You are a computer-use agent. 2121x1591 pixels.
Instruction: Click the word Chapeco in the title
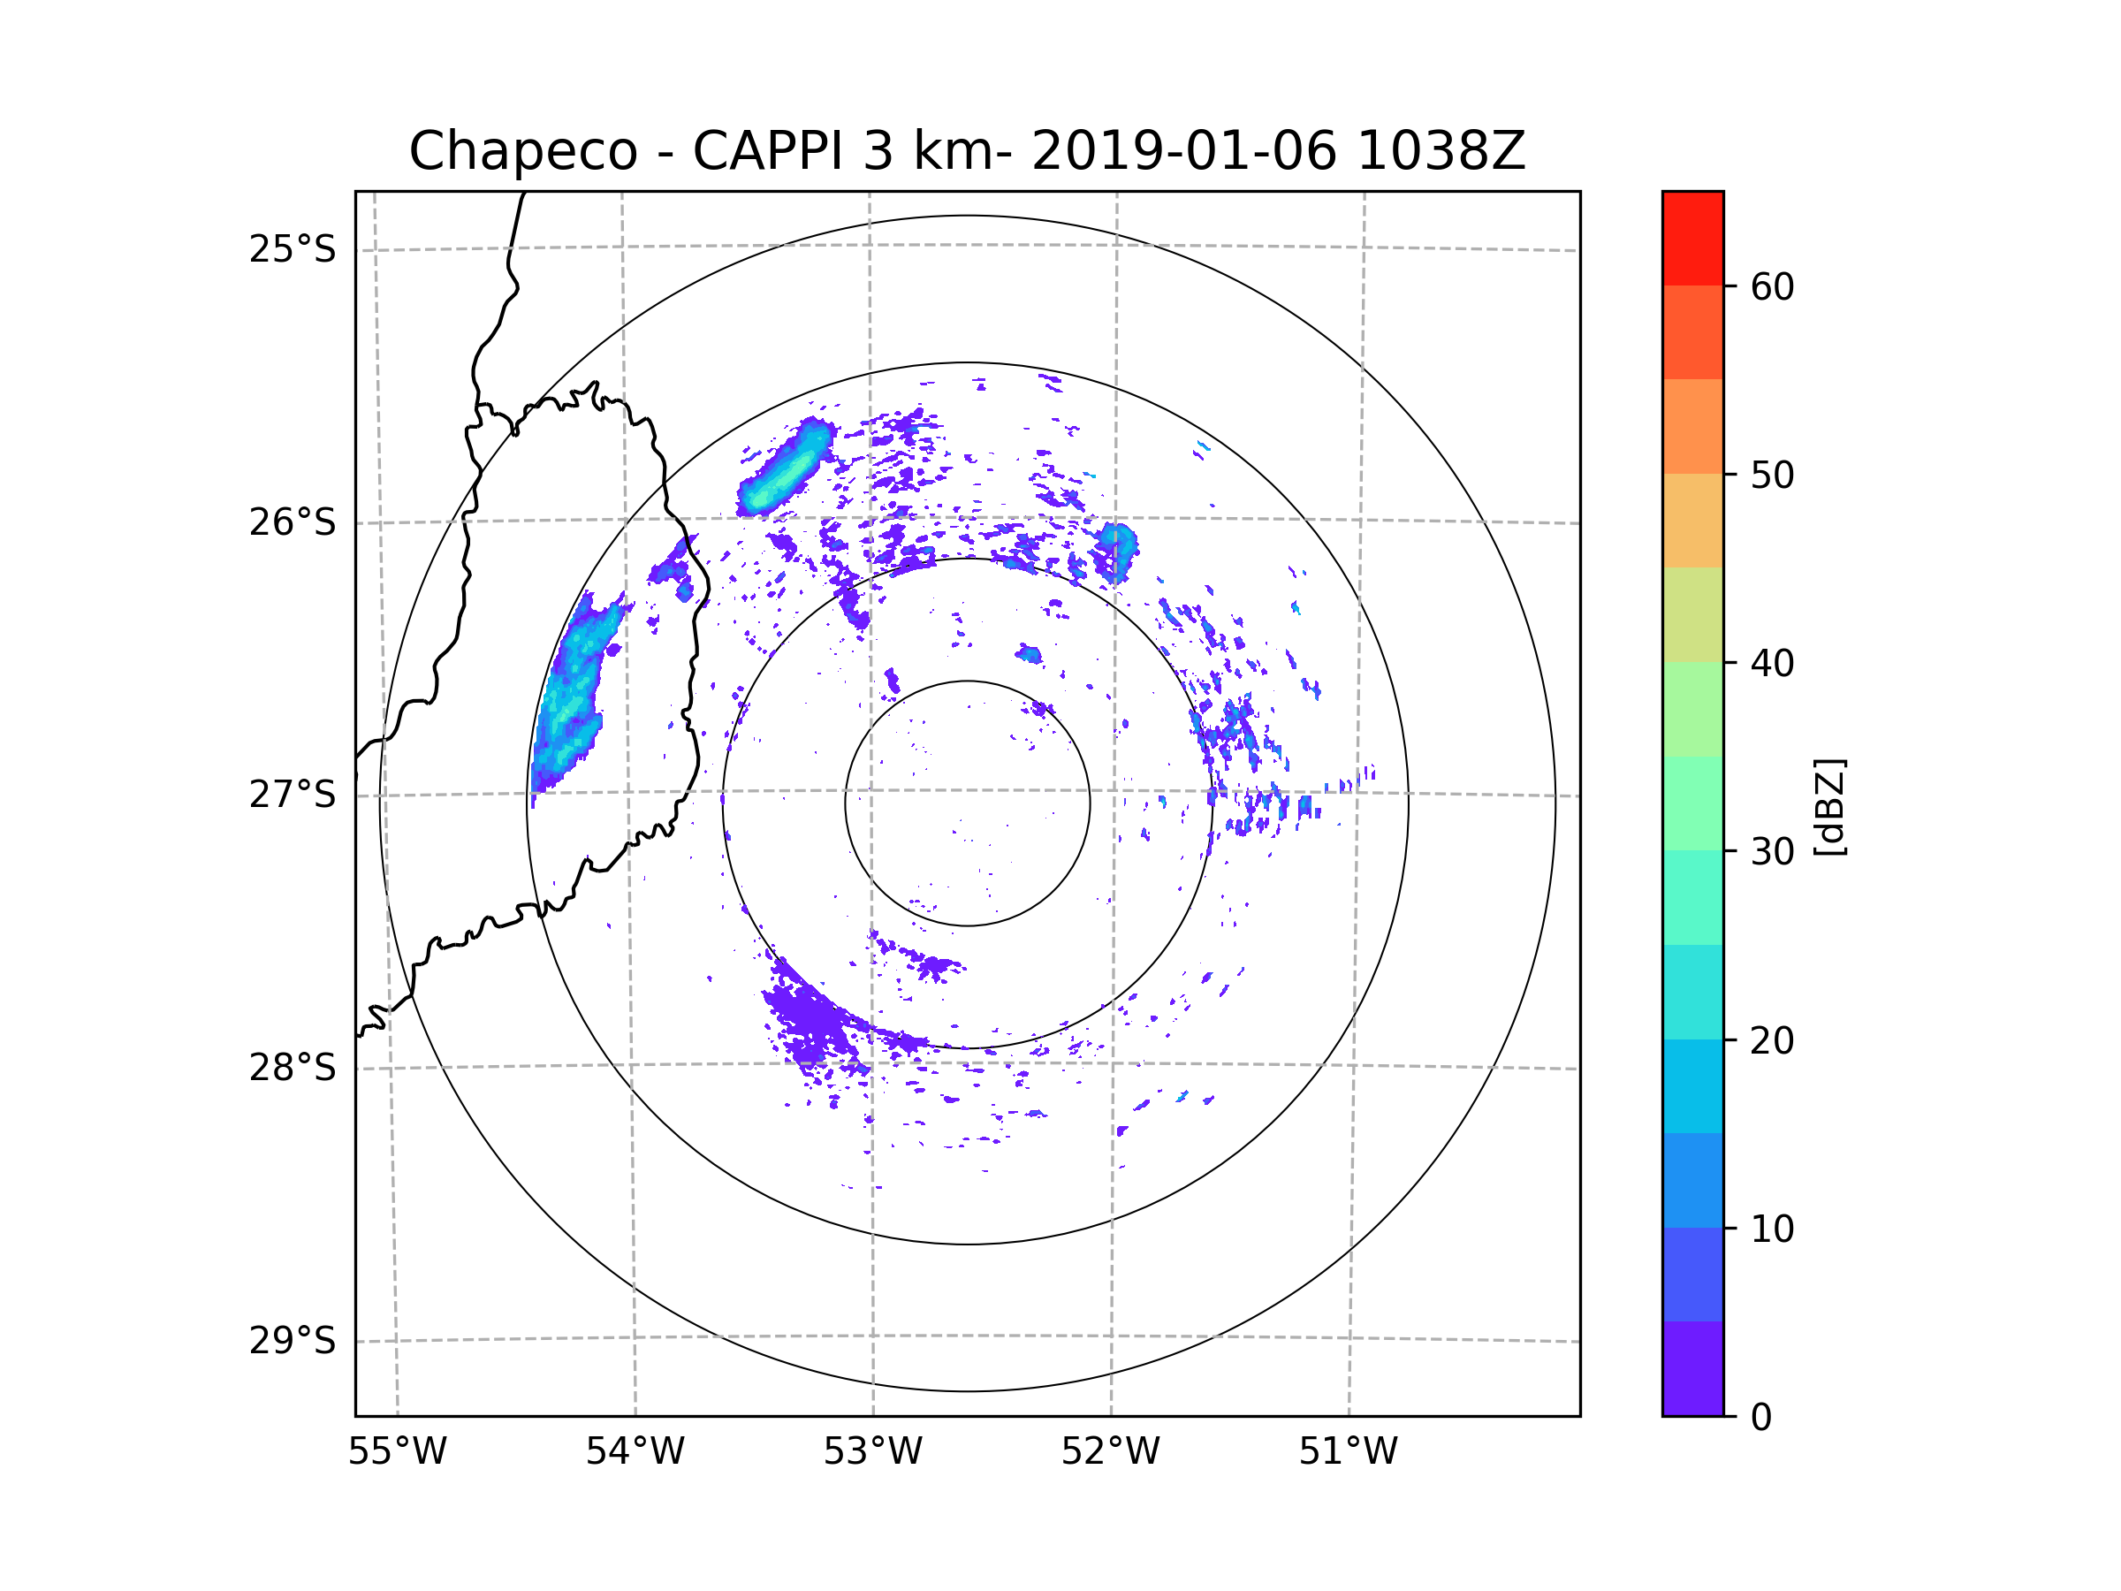click(522, 151)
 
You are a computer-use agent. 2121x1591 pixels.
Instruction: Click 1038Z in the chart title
click(1441, 151)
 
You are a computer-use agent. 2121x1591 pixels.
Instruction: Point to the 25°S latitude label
click(293, 249)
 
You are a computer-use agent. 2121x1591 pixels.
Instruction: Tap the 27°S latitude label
click(293, 794)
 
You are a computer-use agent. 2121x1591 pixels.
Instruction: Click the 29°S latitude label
click(293, 1340)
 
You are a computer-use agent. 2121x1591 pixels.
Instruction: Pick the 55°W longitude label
click(397, 1452)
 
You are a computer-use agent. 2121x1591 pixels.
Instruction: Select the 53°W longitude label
click(872, 1452)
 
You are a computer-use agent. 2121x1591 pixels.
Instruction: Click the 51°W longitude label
click(1348, 1452)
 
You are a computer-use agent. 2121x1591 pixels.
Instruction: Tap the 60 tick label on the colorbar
click(1772, 286)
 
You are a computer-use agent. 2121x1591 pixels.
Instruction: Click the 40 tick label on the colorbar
click(1772, 663)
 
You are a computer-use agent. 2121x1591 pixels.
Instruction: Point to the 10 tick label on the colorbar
click(1772, 1229)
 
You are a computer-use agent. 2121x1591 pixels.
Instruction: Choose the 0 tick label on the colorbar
click(1761, 1418)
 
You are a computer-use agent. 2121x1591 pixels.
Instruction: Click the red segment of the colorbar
click(1692, 239)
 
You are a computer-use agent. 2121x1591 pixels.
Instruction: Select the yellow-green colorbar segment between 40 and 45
click(1692, 614)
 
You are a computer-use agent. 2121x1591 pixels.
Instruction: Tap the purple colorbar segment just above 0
click(1692, 1368)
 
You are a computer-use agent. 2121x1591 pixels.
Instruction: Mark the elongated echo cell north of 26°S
click(785, 468)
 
